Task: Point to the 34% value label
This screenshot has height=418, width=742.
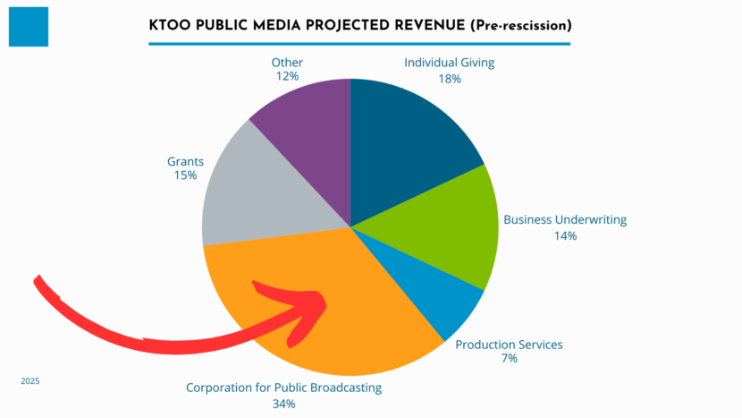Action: coord(283,404)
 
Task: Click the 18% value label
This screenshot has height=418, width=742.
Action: coord(449,79)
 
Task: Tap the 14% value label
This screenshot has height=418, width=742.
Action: coord(565,236)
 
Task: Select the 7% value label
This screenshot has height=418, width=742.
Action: coord(509,359)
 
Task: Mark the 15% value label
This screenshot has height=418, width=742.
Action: coord(185,176)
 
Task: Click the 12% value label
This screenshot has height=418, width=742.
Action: coord(287,78)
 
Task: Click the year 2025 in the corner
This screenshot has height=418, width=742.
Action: coord(30,381)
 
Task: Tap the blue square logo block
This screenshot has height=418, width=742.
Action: coord(28,26)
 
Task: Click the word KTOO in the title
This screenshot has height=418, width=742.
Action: coord(171,26)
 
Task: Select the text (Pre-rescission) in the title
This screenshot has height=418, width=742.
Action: coord(519,26)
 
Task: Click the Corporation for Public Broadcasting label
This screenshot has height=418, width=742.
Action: coord(283,388)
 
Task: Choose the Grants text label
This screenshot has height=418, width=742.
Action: coord(185,162)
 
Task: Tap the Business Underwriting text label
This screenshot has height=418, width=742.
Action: coord(565,219)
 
